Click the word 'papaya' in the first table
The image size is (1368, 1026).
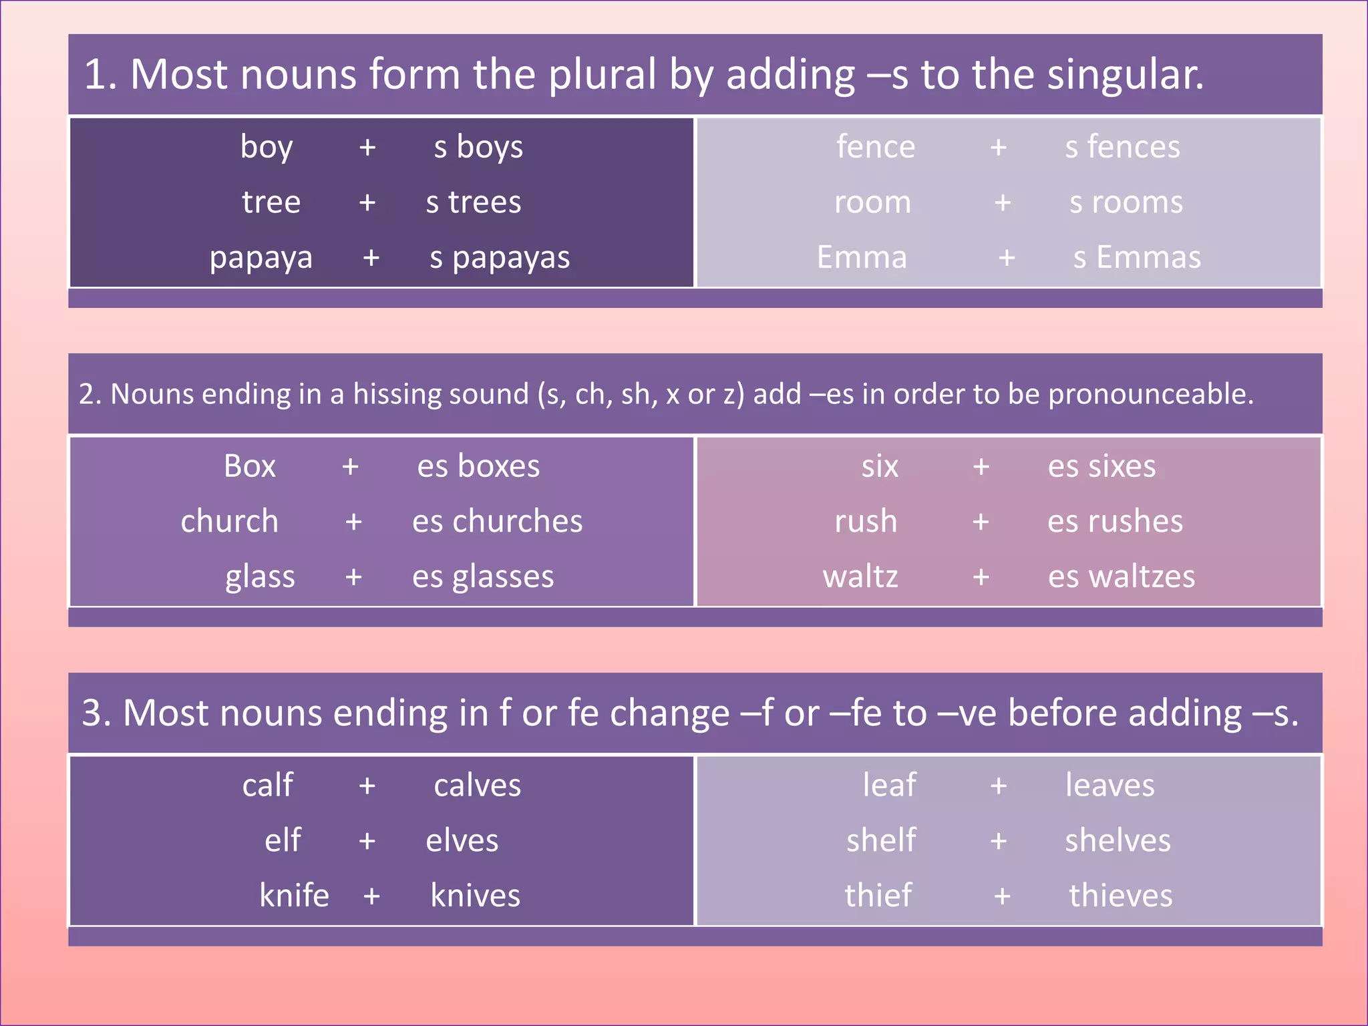[x=261, y=258]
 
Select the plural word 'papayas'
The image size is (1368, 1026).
[x=511, y=258]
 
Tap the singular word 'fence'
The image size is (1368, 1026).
[x=875, y=147]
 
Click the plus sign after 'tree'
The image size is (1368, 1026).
[x=367, y=202]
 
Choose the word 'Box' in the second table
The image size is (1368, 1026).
[x=249, y=466]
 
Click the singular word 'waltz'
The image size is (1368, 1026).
[x=860, y=577]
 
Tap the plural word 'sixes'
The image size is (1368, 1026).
[x=1122, y=466]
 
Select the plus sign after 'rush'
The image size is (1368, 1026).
[x=981, y=522]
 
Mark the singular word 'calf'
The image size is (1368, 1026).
[x=267, y=786]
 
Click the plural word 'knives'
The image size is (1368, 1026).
[x=475, y=896]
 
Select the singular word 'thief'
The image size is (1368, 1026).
[x=878, y=896]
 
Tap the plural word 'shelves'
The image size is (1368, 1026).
[x=1118, y=840]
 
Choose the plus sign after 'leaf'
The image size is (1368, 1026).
[x=999, y=786]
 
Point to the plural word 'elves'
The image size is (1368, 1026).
[x=462, y=840]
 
